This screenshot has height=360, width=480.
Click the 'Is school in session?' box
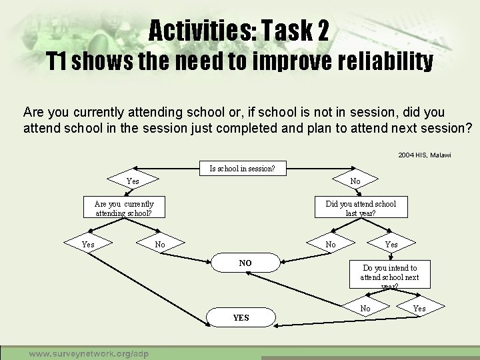[241, 169]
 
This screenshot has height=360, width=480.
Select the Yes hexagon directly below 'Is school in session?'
[133, 181]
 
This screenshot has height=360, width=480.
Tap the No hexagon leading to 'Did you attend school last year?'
[355, 181]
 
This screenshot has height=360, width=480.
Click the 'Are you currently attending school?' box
[124, 208]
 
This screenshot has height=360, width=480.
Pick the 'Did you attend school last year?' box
[360, 208]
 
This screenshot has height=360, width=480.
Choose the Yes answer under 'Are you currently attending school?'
[88, 245]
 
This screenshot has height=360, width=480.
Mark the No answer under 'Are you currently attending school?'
[160, 245]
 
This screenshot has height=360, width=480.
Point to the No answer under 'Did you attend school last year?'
[331, 245]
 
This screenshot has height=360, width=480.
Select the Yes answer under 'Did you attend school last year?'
[391, 245]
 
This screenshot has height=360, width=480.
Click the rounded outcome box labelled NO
[245, 263]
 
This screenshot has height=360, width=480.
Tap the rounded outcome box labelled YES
[241, 317]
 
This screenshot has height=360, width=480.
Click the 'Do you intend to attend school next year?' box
[389, 276]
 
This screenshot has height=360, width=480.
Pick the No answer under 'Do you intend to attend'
[365, 308]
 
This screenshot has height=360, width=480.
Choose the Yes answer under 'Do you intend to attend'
[419, 308]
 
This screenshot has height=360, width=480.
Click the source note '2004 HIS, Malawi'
[425, 155]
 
